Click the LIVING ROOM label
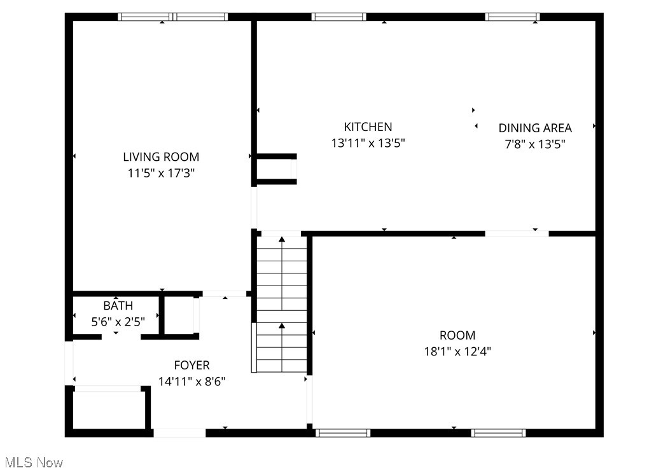(x=161, y=156)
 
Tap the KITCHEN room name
(x=368, y=127)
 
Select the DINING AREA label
(x=534, y=128)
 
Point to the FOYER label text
(x=191, y=365)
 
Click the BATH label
(x=118, y=306)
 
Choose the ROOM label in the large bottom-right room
(x=457, y=335)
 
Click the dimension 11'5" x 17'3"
(x=161, y=173)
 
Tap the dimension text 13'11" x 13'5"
(x=368, y=143)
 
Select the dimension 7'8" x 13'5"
(x=534, y=144)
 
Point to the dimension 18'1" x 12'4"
(x=457, y=351)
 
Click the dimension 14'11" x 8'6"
(x=191, y=382)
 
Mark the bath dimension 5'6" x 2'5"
(x=118, y=322)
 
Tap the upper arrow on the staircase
(x=282, y=240)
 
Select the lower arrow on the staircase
(x=282, y=326)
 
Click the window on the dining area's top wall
(x=512, y=17)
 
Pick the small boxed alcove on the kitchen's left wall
(x=275, y=169)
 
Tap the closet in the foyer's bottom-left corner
(x=108, y=410)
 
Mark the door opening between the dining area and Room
(x=517, y=233)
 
